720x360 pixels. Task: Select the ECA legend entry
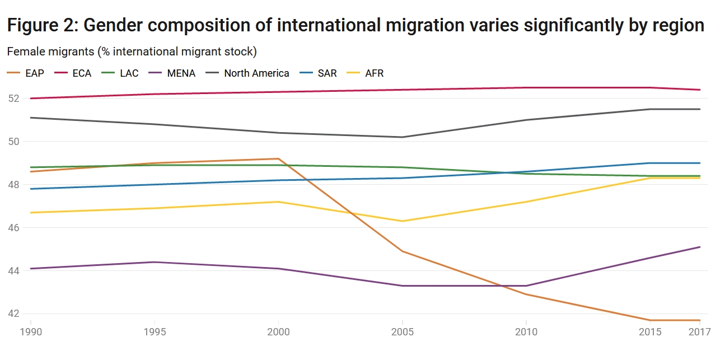click(81, 73)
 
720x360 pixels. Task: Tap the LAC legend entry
click(129, 73)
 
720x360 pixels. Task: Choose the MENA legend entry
click(180, 73)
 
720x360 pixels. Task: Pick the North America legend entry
click(256, 73)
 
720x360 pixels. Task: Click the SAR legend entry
click(326, 73)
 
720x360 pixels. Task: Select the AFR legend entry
click(374, 73)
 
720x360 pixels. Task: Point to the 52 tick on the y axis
click(13, 99)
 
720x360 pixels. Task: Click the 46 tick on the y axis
click(13, 228)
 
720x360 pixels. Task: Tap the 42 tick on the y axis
click(13, 314)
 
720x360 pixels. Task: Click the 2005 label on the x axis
click(402, 332)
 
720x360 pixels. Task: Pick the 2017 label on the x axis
click(699, 332)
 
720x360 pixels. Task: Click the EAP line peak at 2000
click(278, 158)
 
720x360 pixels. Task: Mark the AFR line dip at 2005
click(402, 221)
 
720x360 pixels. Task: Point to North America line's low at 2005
click(402, 137)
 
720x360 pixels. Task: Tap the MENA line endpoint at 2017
click(700, 247)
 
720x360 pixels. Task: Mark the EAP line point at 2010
click(526, 294)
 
